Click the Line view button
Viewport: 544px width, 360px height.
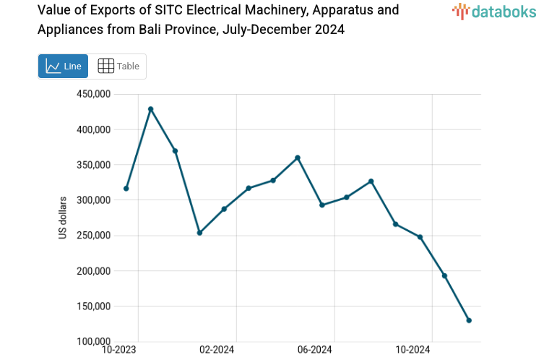(x=63, y=66)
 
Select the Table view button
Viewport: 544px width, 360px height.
(x=118, y=66)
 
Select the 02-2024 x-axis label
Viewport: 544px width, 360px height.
(x=217, y=350)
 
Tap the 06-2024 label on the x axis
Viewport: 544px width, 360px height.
(x=314, y=350)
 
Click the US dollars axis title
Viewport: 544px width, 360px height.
(x=63, y=218)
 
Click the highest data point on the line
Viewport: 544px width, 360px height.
(x=151, y=109)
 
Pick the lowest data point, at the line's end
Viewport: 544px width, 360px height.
(x=469, y=320)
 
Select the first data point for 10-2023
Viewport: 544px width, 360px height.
(x=126, y=189)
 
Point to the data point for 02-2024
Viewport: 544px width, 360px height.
(x=224, y=209)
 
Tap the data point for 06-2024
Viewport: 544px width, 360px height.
(x=322, y=205)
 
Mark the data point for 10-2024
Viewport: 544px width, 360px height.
(x=420, y=237)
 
